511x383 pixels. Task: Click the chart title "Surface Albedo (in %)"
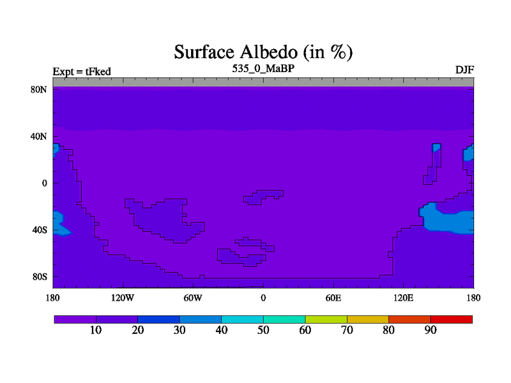pos(263,52)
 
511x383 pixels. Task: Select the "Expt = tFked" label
pos(82,71)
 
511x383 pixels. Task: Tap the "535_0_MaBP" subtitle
pos(263,68)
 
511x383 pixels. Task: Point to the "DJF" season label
pos(464,70)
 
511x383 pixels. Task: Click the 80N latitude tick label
pos(39,89)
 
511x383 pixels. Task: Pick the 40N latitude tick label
pos(39,137)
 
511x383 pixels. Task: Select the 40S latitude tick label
pos(40,230)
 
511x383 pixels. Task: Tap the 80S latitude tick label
pos(40,277)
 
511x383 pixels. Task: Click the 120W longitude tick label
pos(123,297)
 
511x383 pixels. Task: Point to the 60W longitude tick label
pos(193,297)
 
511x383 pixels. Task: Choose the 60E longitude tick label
pos(333,297)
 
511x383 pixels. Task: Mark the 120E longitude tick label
pos(404,297)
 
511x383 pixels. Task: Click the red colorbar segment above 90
pos(452,319)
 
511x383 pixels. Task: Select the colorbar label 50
pos(263,330)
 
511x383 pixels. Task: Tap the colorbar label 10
pos(96,330)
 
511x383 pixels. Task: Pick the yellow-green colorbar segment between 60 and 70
pos(326,319)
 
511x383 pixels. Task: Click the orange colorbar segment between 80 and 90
pos(409,319)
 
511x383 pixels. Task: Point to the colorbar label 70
pos(347,330)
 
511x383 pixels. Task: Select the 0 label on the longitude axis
pos(263,297)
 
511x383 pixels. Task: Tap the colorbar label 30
pos(179,330)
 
